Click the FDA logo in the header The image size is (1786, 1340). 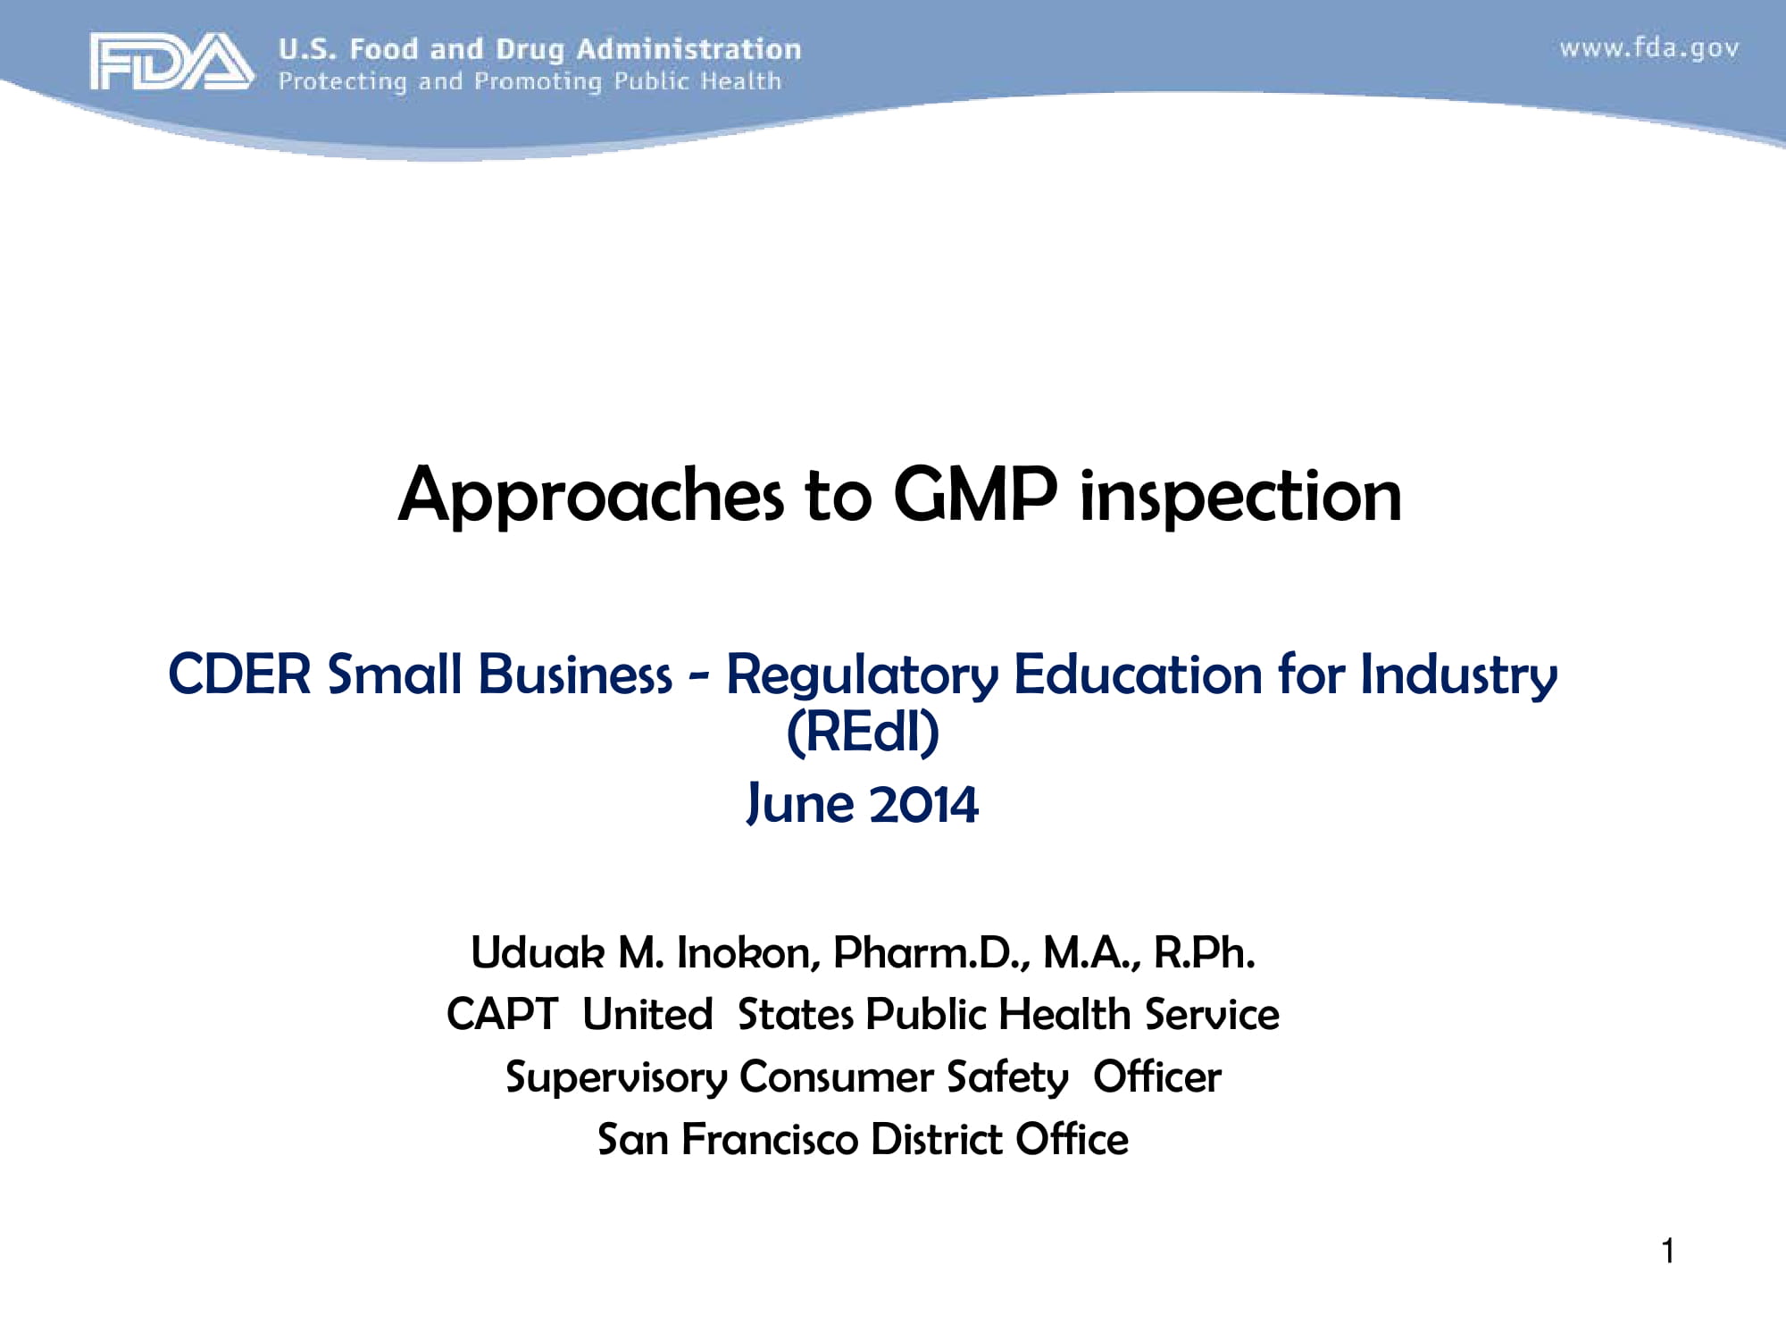pyautogui.click(x=171, y=61)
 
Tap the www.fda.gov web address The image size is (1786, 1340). pyautogui.click(x=1649, y=48)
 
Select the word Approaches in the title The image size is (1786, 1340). pyautogui.click(x=590, y=497)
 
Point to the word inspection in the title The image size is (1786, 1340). pyautogui.click(x=1240, y=497)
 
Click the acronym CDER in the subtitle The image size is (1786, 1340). pyautogui.click(x=239, y=674)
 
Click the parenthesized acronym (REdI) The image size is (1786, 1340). pyautogui.click(x=863, y=733)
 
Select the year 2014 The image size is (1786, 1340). pyautogui.click(x=923, y=804)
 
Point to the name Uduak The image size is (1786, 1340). pyautogui.click(x=538, y=953)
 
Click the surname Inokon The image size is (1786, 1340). pyautogui.click(x=747, y=953)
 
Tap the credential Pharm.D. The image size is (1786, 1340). pyautogui.click(x=931, y=953)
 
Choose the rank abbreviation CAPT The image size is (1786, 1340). pyautogui.click(x=502, y=1015)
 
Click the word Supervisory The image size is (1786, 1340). pyautogui.click(x=615, y=1078)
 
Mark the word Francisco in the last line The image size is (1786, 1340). pyautogui.click(x=770, y=1140)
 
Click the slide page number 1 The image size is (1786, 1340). pyautogui.click(x=1667, y=1251)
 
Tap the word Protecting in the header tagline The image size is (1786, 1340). pyautogui.click(x=342, y=81)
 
